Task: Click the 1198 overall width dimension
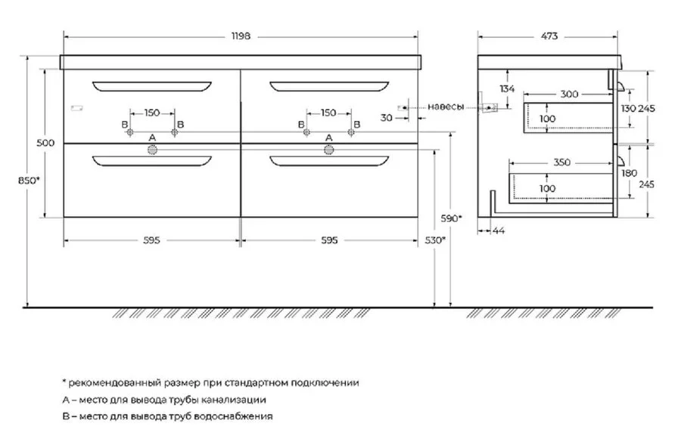click(241, 36)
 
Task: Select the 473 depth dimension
click(549, 36)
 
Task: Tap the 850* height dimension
click(29, 181)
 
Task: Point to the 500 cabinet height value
click(45, 143)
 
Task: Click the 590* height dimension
click(452, 218)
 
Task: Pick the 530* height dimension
click(435, 240)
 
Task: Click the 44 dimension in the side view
click(499, 230)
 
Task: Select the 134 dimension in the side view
click(507, 88)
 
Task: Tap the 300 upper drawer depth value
click(569, 94)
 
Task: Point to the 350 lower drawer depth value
click(561, 162)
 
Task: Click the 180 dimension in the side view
click(629, 173)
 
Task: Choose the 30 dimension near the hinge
click(386, 118)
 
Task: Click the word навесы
click(446, 107)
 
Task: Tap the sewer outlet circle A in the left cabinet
click(152, 150)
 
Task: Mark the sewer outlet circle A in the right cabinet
click(329, 150)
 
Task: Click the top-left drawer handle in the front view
click(152, 86)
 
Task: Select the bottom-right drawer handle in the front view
click(329, 160)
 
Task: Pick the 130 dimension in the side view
click(628, 109)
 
